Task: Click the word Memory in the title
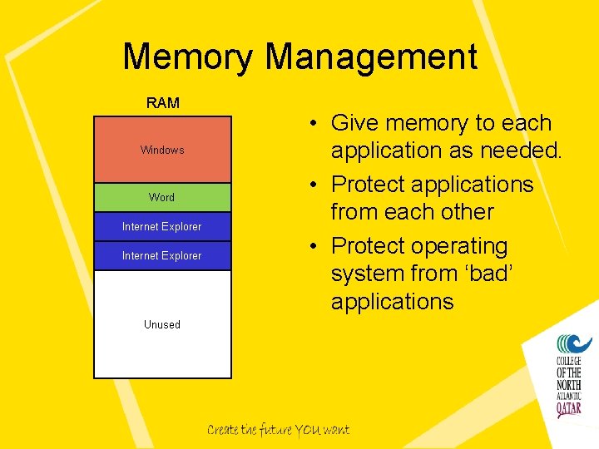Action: [x=189, y=57]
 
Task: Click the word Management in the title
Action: [x=371, y=57]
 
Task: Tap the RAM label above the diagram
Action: [x=162, y=103]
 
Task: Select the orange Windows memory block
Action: [x=162, y=150]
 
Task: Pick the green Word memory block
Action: [x=162, y=197]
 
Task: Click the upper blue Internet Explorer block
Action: [x=162, y=226]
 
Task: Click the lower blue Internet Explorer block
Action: [x=162, y=255]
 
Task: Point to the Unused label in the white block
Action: [x=162, y=324]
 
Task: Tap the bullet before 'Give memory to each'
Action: [x=308, y=124]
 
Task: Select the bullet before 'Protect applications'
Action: [x=308, y=185]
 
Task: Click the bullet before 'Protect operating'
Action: [x=308, y=247]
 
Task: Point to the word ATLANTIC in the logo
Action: [x=571, y=397]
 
